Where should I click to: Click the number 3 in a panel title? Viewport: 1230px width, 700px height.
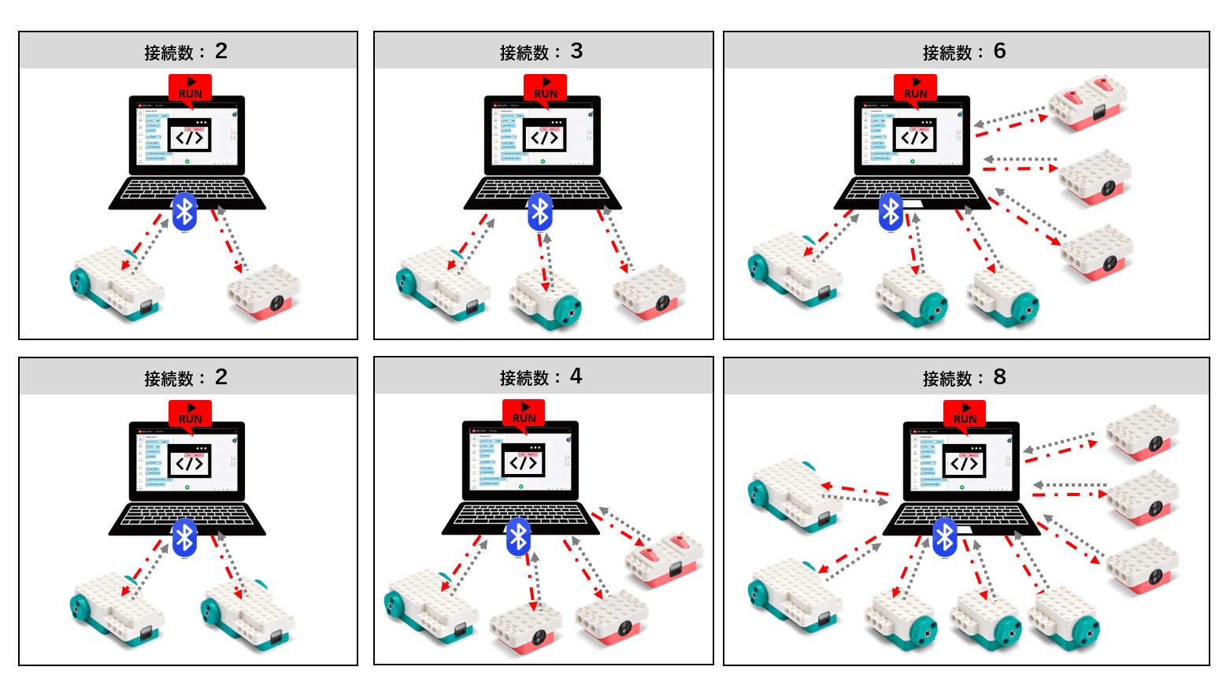[x=576, y=51]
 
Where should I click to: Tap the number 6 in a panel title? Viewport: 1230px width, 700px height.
[x=999, y=51]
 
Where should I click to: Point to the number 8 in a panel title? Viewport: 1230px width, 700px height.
[x=999, y=376]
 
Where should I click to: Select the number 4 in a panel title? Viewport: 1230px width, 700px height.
[x=576, y=376]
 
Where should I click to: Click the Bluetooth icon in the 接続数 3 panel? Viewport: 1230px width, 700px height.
[x=539, y=211]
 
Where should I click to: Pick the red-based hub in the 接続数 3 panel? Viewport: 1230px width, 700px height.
[x=650, y=292]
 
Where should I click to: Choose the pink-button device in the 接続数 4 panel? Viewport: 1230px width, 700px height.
[x=664, y=560]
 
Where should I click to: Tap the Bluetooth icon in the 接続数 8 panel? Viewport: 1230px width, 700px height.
[x=944, y=537]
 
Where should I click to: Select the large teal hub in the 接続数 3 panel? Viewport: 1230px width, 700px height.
[x=441, y=284]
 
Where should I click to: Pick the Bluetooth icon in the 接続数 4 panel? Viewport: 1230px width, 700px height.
[x=518, y=537]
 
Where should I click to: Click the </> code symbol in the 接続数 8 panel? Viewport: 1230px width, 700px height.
[x=965, y=463]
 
